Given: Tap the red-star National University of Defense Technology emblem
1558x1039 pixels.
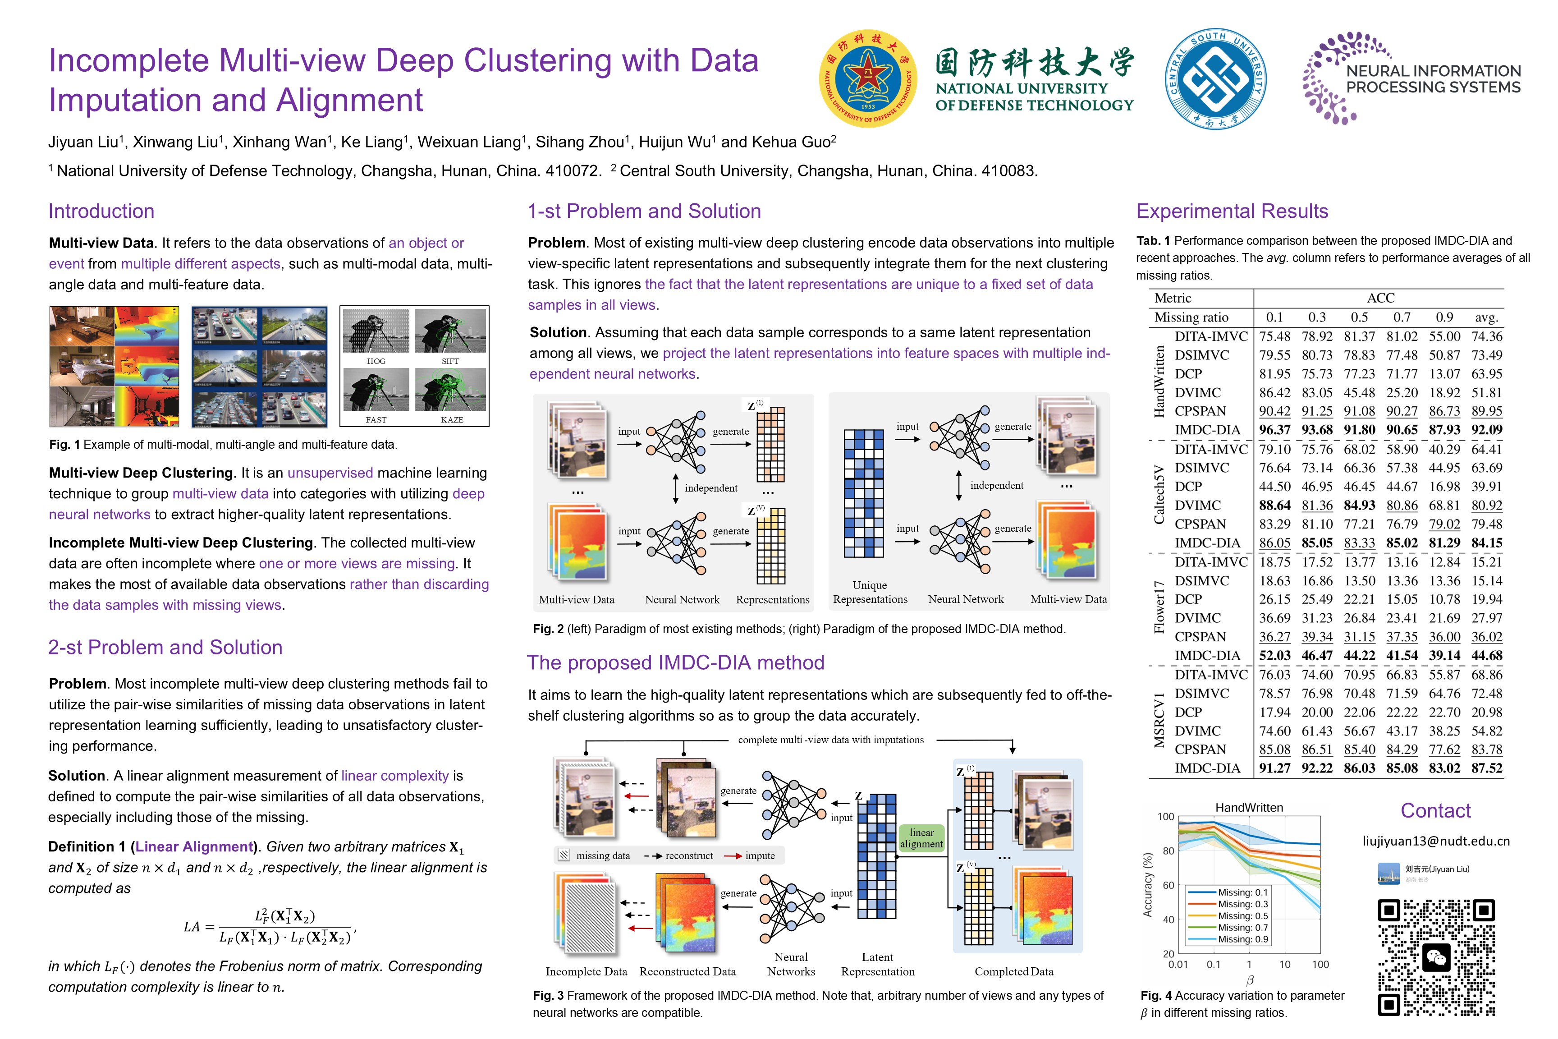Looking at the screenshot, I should [868, 79].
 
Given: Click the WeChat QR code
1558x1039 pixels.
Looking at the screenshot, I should [1436, 957].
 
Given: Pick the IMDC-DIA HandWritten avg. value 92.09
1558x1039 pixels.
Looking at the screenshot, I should [1486, 429].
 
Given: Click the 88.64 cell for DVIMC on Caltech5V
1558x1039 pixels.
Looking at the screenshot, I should [1274, 505].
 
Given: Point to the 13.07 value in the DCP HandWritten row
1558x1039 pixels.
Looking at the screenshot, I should [1444, 374].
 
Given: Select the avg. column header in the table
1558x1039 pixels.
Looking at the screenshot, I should [1486, 317].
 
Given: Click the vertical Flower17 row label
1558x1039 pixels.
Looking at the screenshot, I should [1159, 607].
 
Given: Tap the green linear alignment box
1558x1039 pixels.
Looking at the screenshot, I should [921, 838].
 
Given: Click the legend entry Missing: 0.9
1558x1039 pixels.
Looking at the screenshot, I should [1243, 939].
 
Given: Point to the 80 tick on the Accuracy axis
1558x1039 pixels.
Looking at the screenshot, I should [1168, 851].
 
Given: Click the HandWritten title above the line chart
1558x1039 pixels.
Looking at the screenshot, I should [1249, 807].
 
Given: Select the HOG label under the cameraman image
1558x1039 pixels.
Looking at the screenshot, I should [376, 361].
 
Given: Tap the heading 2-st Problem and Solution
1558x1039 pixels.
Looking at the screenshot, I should [165, 648].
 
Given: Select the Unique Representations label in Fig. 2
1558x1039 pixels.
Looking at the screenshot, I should [870, 592].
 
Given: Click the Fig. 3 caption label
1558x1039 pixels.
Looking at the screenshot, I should [548, 995].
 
